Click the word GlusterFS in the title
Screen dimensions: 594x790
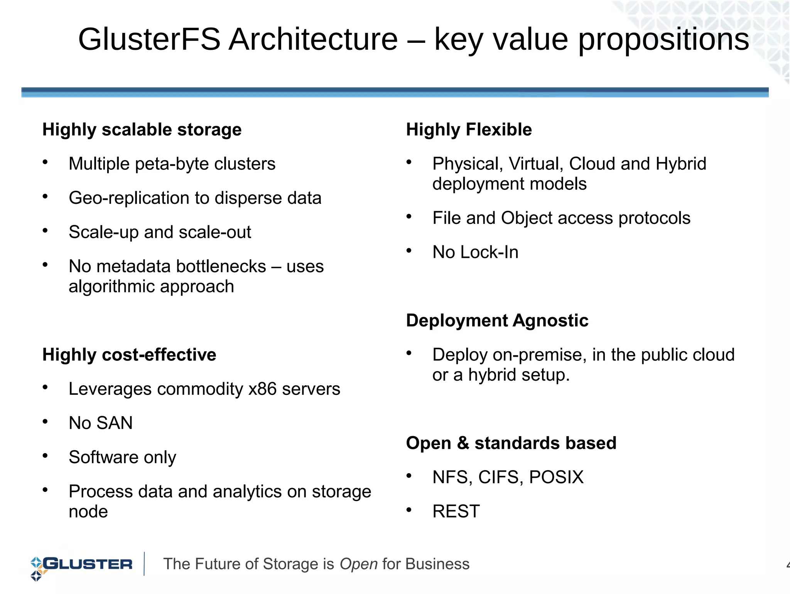point(149,39)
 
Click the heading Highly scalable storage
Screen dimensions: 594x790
point(142,130)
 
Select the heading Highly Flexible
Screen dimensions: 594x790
point(469,130)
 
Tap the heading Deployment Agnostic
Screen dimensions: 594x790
point(497,321)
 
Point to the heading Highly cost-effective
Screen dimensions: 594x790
point(129,355)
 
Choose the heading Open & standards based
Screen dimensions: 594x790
point(511,443)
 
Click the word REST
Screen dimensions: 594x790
point(456,511)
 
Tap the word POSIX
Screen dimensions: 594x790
point(556,477)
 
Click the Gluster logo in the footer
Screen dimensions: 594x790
point(81,565)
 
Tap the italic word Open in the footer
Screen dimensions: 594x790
point(358,564)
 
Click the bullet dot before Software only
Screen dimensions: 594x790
point(45,456)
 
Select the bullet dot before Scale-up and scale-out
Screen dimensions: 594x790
point(45,231)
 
